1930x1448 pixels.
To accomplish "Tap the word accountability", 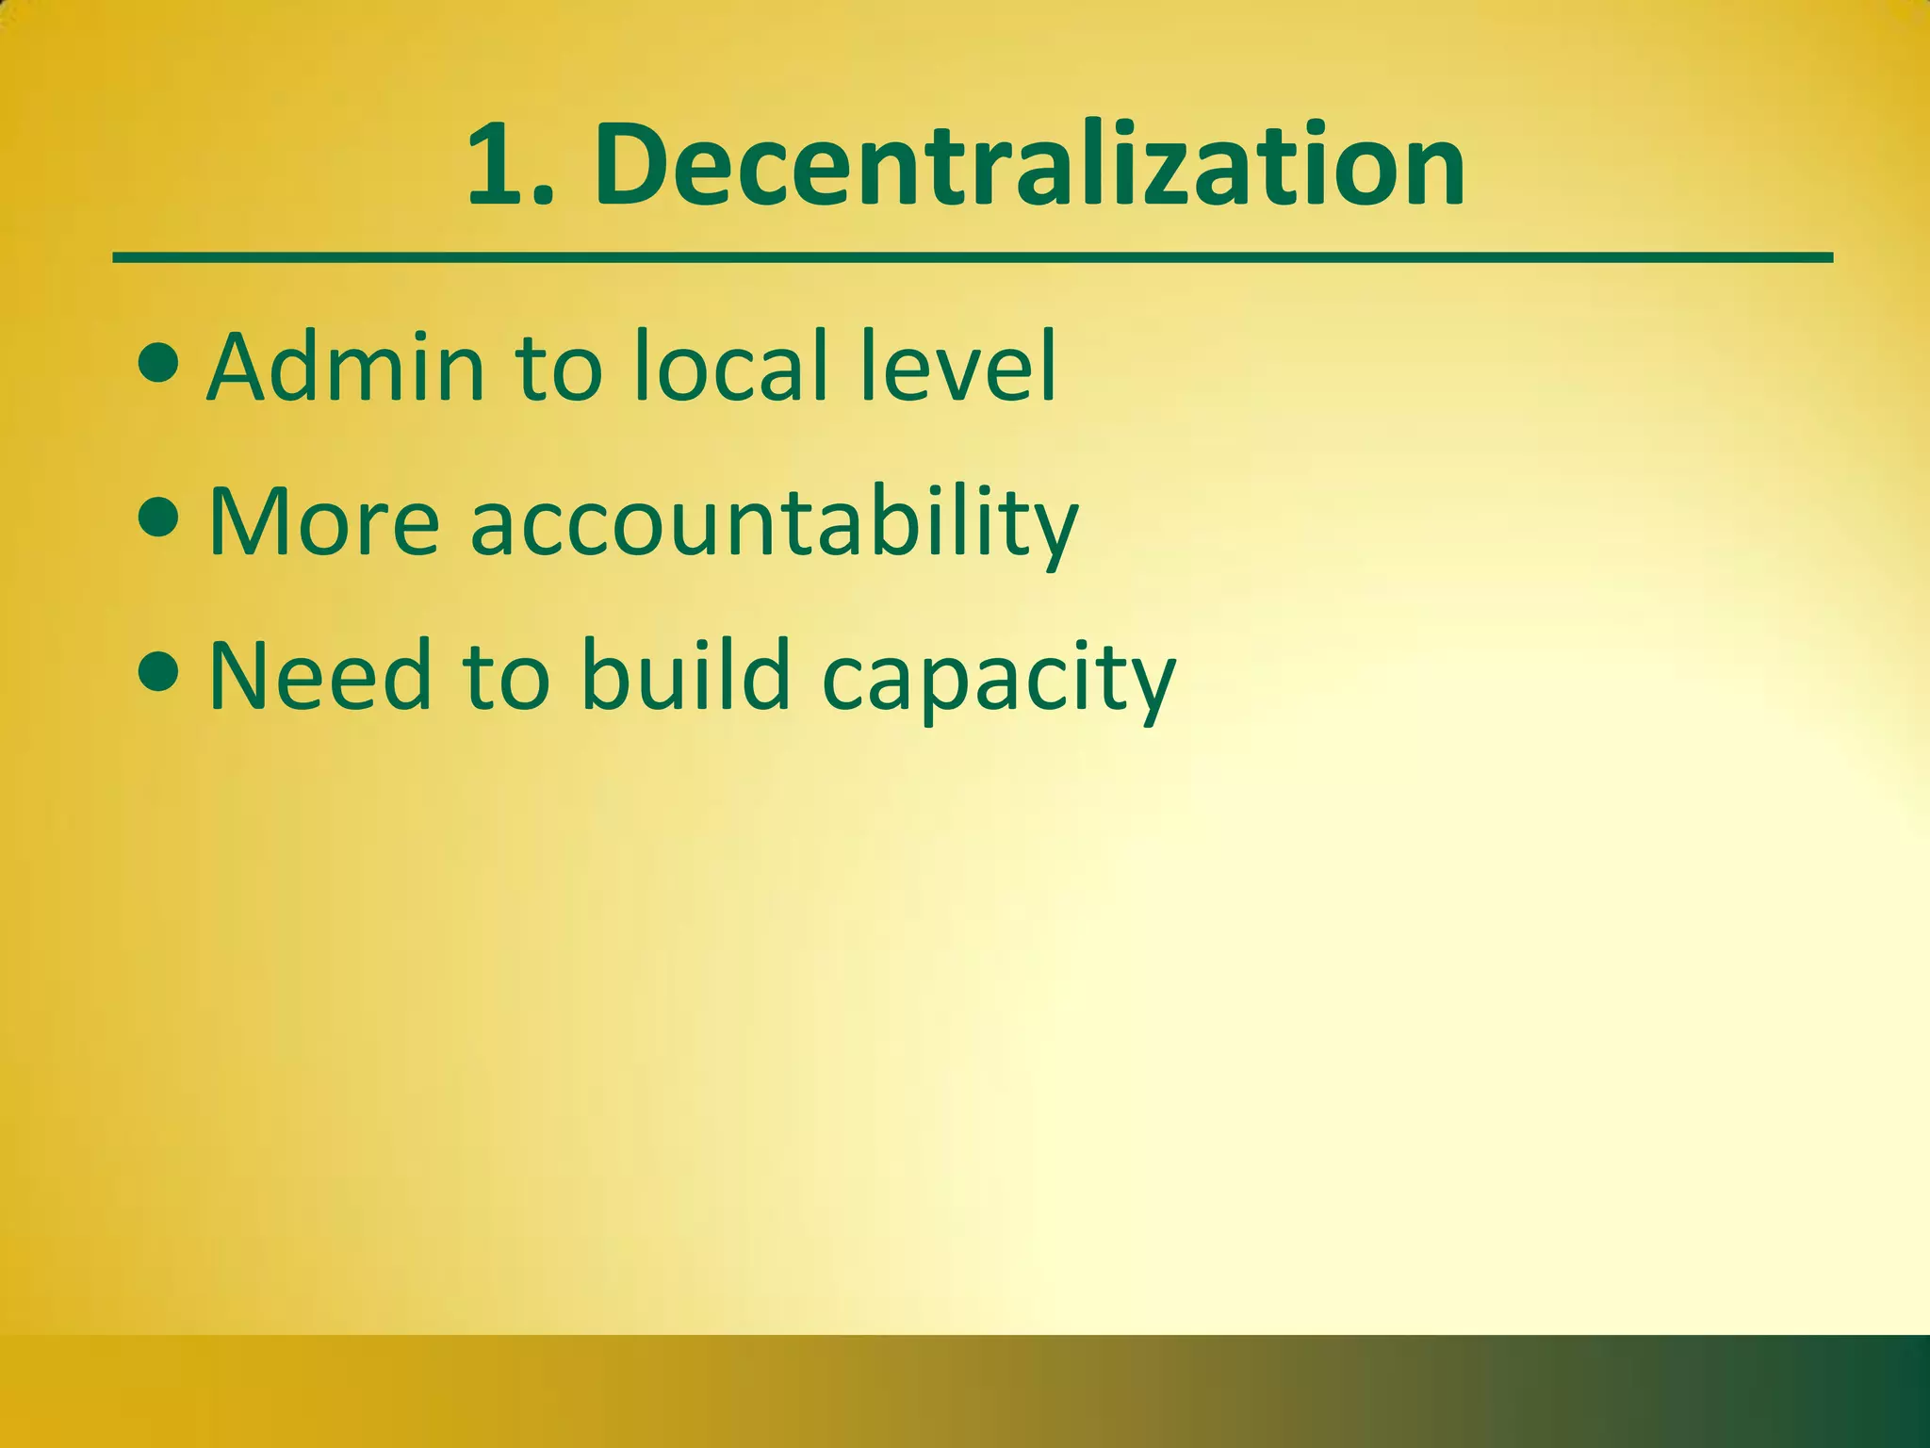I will [774, 524].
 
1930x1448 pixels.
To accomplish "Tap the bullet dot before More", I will [156, 518].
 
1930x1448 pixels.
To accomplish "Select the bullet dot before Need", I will [156, 672].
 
